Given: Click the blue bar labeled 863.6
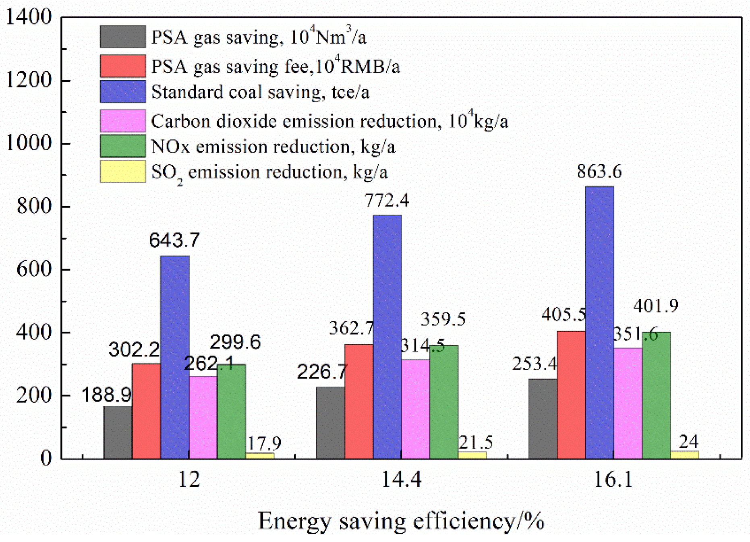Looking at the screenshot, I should [x=599, y=322].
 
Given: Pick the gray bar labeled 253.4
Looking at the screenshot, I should [x=543, y=419].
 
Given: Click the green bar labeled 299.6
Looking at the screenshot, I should [x=231, y=411].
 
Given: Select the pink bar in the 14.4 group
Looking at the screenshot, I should [x=415, y=409].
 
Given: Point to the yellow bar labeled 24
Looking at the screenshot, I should [x=684, y=455].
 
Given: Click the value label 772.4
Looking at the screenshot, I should [x=387, y=201].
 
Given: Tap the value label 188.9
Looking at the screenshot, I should [x=106, y=395].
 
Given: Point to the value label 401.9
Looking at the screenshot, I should [x=656, y=306].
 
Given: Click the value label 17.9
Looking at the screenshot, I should [x=264, y=444].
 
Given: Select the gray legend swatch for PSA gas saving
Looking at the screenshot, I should [x=123, y=37].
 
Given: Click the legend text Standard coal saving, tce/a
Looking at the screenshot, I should [x=260, y=92].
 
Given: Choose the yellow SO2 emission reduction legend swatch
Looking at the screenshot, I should [x=123, y=172].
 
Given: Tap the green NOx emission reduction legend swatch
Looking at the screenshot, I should [x=123, y=146].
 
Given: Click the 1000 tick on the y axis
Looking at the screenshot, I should [x=29, y=143].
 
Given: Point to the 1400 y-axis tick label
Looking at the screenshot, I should [x=29, y=17].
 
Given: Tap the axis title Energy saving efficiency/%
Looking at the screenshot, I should [x=401, y=521].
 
